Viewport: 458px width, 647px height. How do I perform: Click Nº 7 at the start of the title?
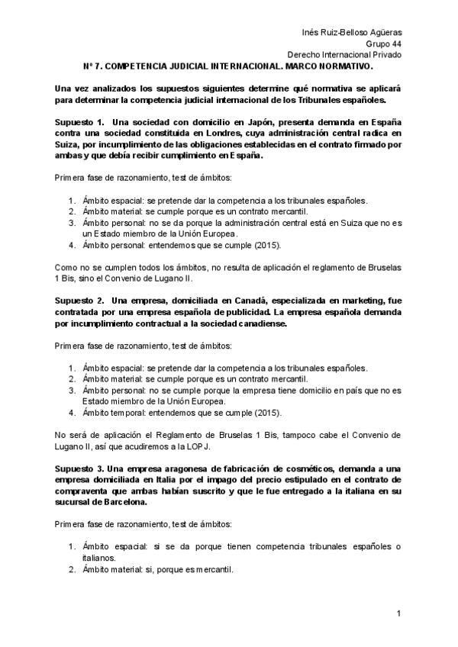click(x=90, y=66)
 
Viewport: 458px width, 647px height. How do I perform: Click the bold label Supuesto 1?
click(x=79, y=123)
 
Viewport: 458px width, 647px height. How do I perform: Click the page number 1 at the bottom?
click(x=398, y=613)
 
